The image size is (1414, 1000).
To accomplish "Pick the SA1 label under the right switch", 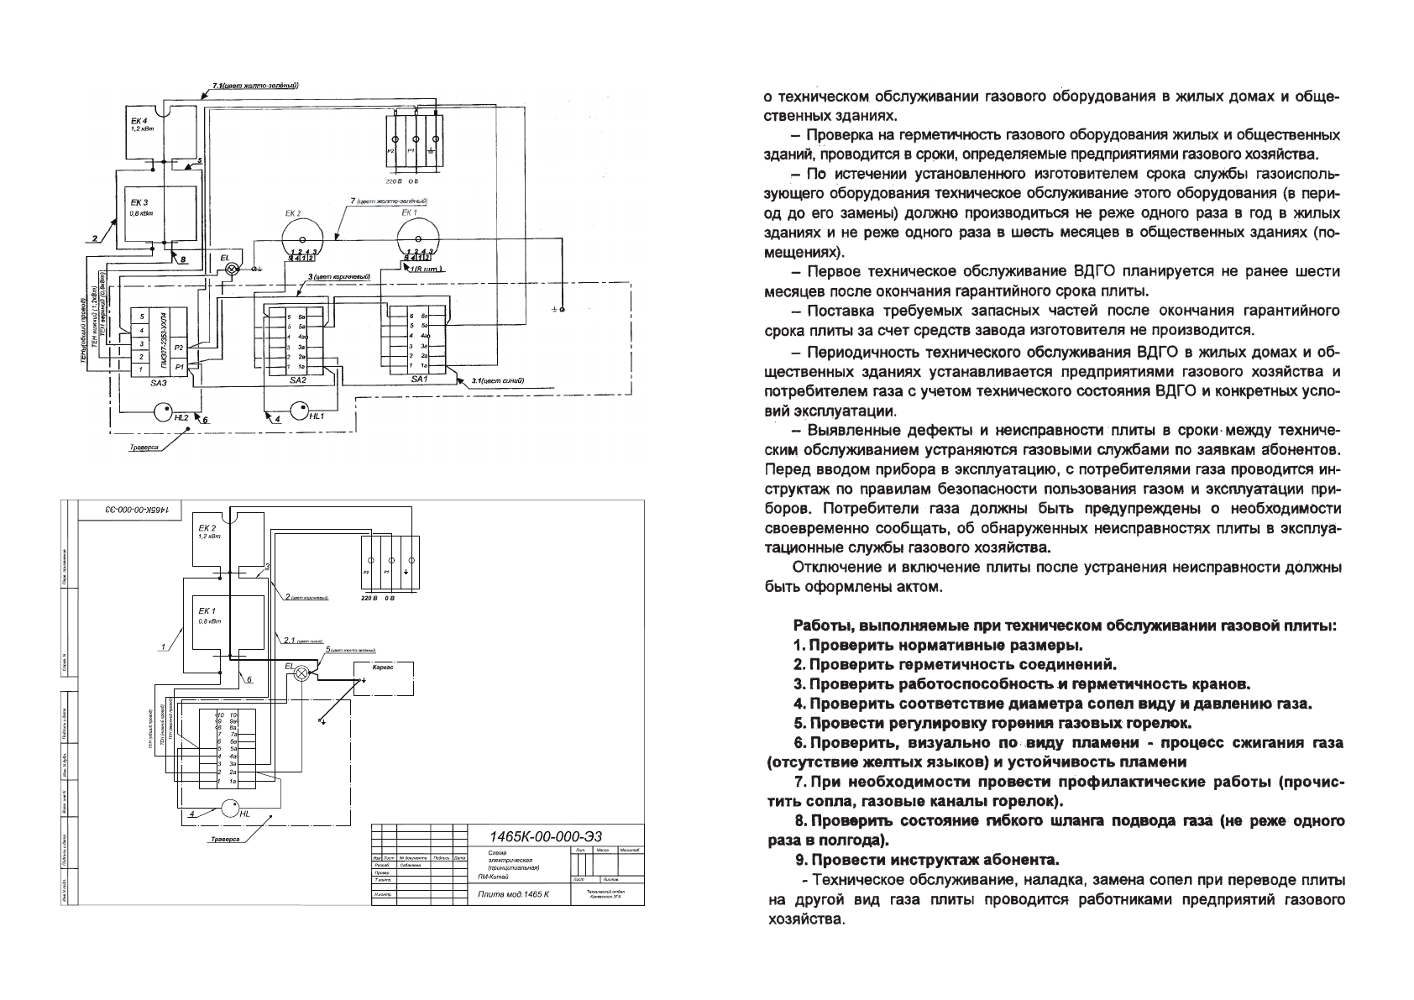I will (420, 380).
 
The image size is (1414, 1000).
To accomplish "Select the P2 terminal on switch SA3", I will (178, 348).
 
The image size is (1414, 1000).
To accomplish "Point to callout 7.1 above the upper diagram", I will (256, 86).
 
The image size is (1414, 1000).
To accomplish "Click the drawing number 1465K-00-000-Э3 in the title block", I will (546, 835).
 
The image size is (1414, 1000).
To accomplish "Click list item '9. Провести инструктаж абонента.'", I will (926, 861).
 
